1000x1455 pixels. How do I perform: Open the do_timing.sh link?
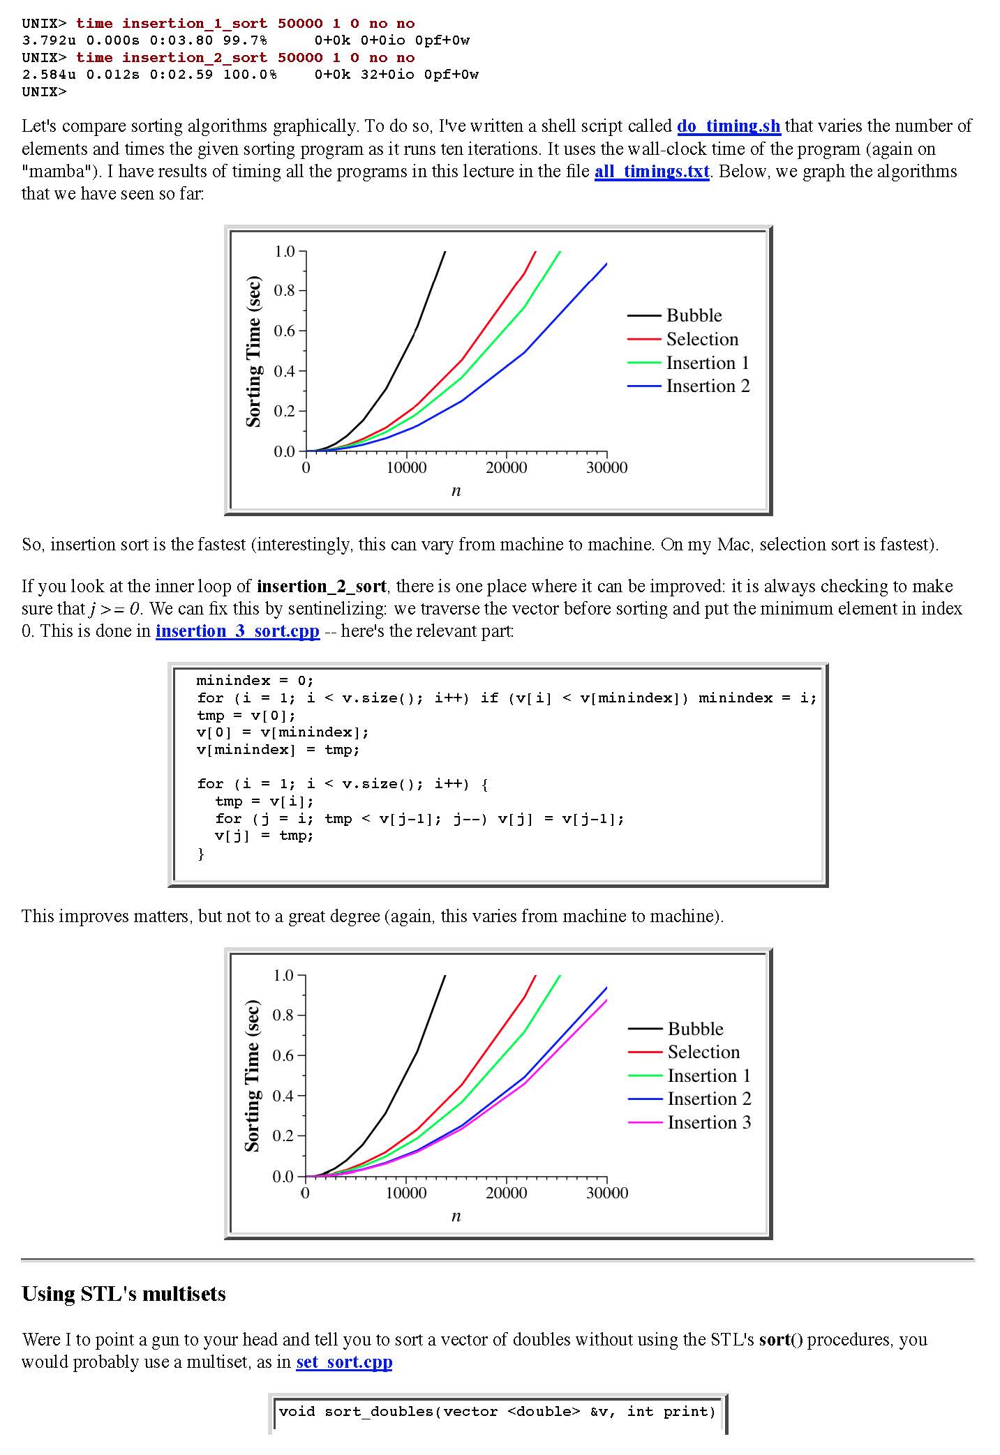coord(728,126)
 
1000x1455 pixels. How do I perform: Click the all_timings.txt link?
coord(651,172)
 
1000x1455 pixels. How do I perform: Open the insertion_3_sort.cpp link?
coord(237,631)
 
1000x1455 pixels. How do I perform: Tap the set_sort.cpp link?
coord(344,1362)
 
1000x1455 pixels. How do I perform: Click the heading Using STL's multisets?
coord(124,1294)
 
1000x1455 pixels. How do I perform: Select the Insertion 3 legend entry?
coord(709,1122)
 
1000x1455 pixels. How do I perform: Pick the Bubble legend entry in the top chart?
coord(694,315)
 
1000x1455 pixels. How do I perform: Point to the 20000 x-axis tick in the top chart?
coord(506,468)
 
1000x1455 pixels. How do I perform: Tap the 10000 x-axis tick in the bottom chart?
coord(406,1193)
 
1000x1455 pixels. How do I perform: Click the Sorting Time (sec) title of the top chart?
coord(254,352)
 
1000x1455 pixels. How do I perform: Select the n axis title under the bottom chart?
coord(456,1216)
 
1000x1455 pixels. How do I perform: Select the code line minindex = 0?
coord(255,681)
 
